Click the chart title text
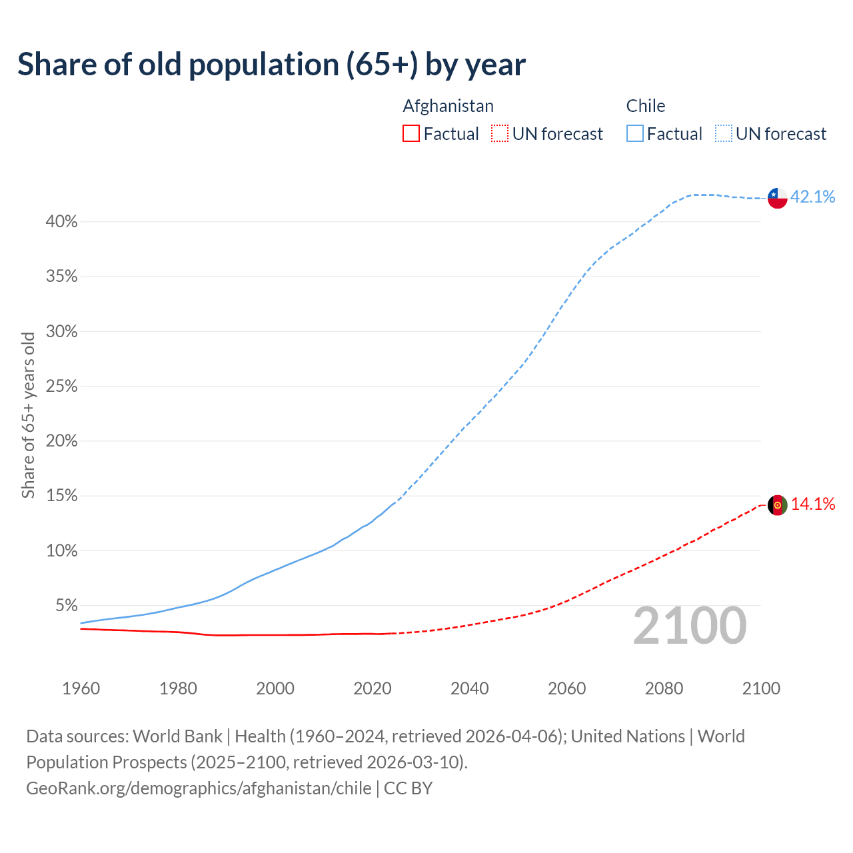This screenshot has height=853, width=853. coord(271,65)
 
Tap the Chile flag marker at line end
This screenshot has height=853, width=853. coord(777,198)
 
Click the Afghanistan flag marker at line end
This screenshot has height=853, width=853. coord(777,505)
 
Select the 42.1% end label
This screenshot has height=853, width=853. coord(812,197)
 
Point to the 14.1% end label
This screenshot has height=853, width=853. coord(812,504)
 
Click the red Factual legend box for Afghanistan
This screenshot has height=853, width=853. coord(411,134)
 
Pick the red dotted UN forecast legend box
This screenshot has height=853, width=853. coord(500,134)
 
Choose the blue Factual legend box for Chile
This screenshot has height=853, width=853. coord(634,134)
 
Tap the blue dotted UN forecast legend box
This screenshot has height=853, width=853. coord(723,134)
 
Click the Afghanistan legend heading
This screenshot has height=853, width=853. coord(448,106)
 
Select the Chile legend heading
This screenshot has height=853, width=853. coord(645,106)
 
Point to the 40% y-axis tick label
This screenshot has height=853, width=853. coord(61,222)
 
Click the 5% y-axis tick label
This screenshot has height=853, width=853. coord(66,606)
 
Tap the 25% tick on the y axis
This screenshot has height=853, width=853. coord(61,387)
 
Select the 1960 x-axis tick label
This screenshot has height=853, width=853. coord(81,688)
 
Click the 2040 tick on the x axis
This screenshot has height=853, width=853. coord(469,688)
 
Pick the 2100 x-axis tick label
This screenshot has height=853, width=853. coord(760,688)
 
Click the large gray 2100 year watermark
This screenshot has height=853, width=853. coord(690,626)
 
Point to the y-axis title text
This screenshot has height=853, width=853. coord(28,415)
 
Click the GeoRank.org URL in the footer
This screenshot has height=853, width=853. coord(199,788)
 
